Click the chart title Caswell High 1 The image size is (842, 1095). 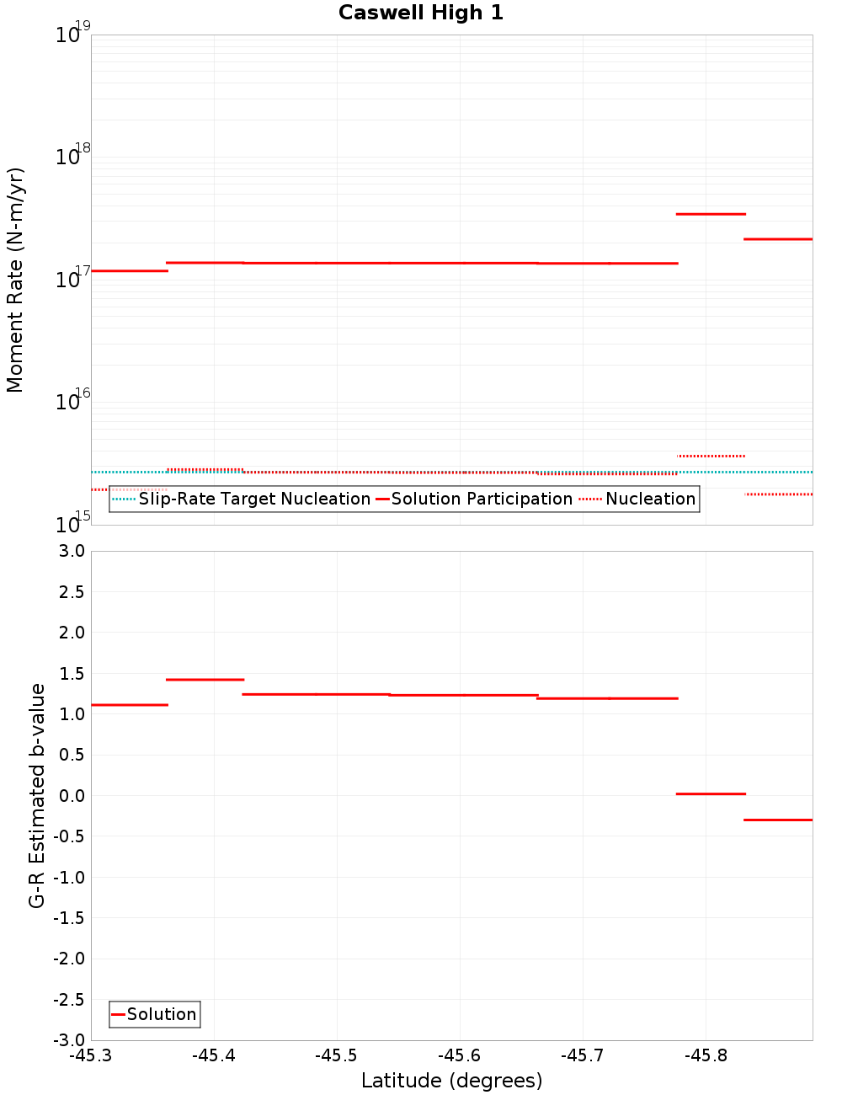pyautogui.click(x=421, y=13)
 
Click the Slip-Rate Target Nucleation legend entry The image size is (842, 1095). pyautogui.click(x=253, y=499)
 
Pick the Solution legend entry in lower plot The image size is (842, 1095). pyautogui.click(x=161, y=1014)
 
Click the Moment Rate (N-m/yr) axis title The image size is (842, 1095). pyautogui.click(x=15, y=280)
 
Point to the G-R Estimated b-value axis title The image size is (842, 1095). pyautogui.click(x=37, y=795)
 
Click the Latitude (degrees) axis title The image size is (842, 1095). pyautogui.click(x=451, y=1081)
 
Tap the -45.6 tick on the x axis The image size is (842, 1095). pyautogui.click(x=460, y=1055)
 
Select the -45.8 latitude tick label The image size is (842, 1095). pyautogui.click(x=706, y=1055)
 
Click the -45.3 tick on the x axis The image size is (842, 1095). pyautogui.click(x=91, y=1055)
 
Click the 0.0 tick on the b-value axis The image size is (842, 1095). pyautogui.click(x=71, y=796)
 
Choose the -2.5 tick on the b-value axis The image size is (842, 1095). pyautogui.click(x=68, y=1000)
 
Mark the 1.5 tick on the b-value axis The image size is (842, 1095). pyautogui.click(x=71, y=673)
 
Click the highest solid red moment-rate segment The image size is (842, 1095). pyautogui.click(x=711, y=214)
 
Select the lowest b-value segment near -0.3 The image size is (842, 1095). pyautogui.click(x=778, y=820)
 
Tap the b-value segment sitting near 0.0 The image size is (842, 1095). pyautogui.click(x=711, y=793)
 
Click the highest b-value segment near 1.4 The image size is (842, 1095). pyautogui.click(x=205, y=679)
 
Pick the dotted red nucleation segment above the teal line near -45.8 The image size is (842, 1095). pyautogui.click(x=711, y=456)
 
